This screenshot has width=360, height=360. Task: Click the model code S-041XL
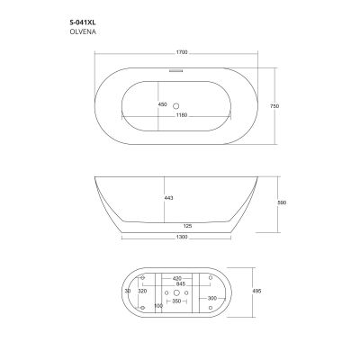point(83,22)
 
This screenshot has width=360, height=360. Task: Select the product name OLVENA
point(83,31)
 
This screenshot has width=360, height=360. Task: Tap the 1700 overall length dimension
point(182,52)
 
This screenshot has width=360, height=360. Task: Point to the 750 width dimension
point(274,106)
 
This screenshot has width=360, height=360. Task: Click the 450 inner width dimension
point(162,104)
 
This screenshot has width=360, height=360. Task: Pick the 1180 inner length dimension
point(182,115)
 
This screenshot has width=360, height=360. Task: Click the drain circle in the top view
point(176,105)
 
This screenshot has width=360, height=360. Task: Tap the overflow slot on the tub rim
point(175,71)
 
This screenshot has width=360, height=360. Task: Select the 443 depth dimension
point(169,198)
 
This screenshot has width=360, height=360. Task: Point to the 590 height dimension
point(282,202)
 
